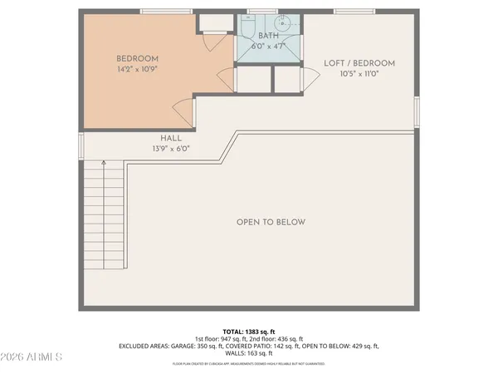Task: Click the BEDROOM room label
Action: pyautogui.click(x=137, y=58)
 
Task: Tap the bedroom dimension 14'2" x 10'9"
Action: pyautogui.click(x=137, y=70)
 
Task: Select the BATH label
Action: pyautogui.click(x=268, y=36)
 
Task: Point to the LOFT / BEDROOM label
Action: pyautogui.click(x=359, y=63)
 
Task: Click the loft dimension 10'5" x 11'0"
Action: pyautogui.click(x=359, y=75)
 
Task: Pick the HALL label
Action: pyautogui.click(x=171, y=138)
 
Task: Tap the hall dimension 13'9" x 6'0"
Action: pyautogui.click(x=171, y=149)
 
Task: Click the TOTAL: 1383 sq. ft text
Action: pyautogui.click(x=248, y=331)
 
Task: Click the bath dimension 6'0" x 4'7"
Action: pyautogui.click(x=268, y=47)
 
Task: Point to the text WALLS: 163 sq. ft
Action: pyautogui.click(x=248, y=354)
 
